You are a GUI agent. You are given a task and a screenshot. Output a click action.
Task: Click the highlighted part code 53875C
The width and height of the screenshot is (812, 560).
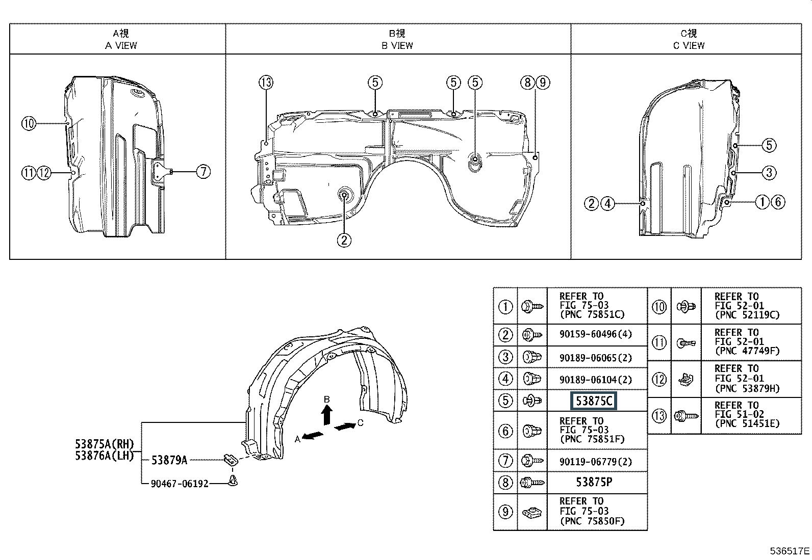click(593, 401)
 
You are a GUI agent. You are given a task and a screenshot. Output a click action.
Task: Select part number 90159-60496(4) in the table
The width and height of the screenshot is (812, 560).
click(596, 334)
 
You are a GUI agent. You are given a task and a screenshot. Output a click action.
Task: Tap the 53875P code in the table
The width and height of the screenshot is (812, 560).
click(594, 482)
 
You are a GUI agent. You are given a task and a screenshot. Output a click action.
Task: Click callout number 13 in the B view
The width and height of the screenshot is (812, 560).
click(266, 83)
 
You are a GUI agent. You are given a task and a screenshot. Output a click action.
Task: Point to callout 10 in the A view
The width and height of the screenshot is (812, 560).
click(29, 123)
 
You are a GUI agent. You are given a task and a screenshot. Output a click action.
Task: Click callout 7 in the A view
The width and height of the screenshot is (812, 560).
click(204, 171)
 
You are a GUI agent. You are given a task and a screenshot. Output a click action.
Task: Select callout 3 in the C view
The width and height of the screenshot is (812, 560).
click(769, 173)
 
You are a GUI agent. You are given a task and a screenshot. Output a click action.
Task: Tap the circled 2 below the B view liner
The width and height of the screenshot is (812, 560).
click(344, 240)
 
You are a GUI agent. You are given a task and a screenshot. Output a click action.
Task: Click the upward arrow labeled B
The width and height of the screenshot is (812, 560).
click(327, 414)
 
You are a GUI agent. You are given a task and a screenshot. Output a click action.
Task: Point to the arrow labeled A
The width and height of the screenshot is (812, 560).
click(313, 435)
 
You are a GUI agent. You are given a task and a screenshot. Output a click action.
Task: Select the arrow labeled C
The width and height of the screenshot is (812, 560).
click(345, 426)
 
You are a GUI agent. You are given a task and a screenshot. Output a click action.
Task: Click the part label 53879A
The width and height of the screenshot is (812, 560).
click(169, 460)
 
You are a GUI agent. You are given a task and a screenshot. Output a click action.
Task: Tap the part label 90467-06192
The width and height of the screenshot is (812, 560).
click(180, 484)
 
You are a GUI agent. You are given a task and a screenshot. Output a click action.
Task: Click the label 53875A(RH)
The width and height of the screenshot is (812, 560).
click(105, 444)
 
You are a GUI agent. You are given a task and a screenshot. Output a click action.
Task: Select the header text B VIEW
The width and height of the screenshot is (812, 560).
click(397, 46)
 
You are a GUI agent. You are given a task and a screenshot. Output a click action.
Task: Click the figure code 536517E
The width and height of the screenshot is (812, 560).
click(790, 551)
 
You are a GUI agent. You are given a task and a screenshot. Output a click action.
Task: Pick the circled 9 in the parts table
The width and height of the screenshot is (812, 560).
click(505, 512)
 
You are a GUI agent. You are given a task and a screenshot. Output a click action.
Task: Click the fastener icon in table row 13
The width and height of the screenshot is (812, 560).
click(686, 416)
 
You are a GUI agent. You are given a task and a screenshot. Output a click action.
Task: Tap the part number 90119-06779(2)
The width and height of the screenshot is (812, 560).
click(596, 462)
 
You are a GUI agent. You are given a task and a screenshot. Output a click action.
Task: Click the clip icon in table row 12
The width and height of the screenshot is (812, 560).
click(686, 380)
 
